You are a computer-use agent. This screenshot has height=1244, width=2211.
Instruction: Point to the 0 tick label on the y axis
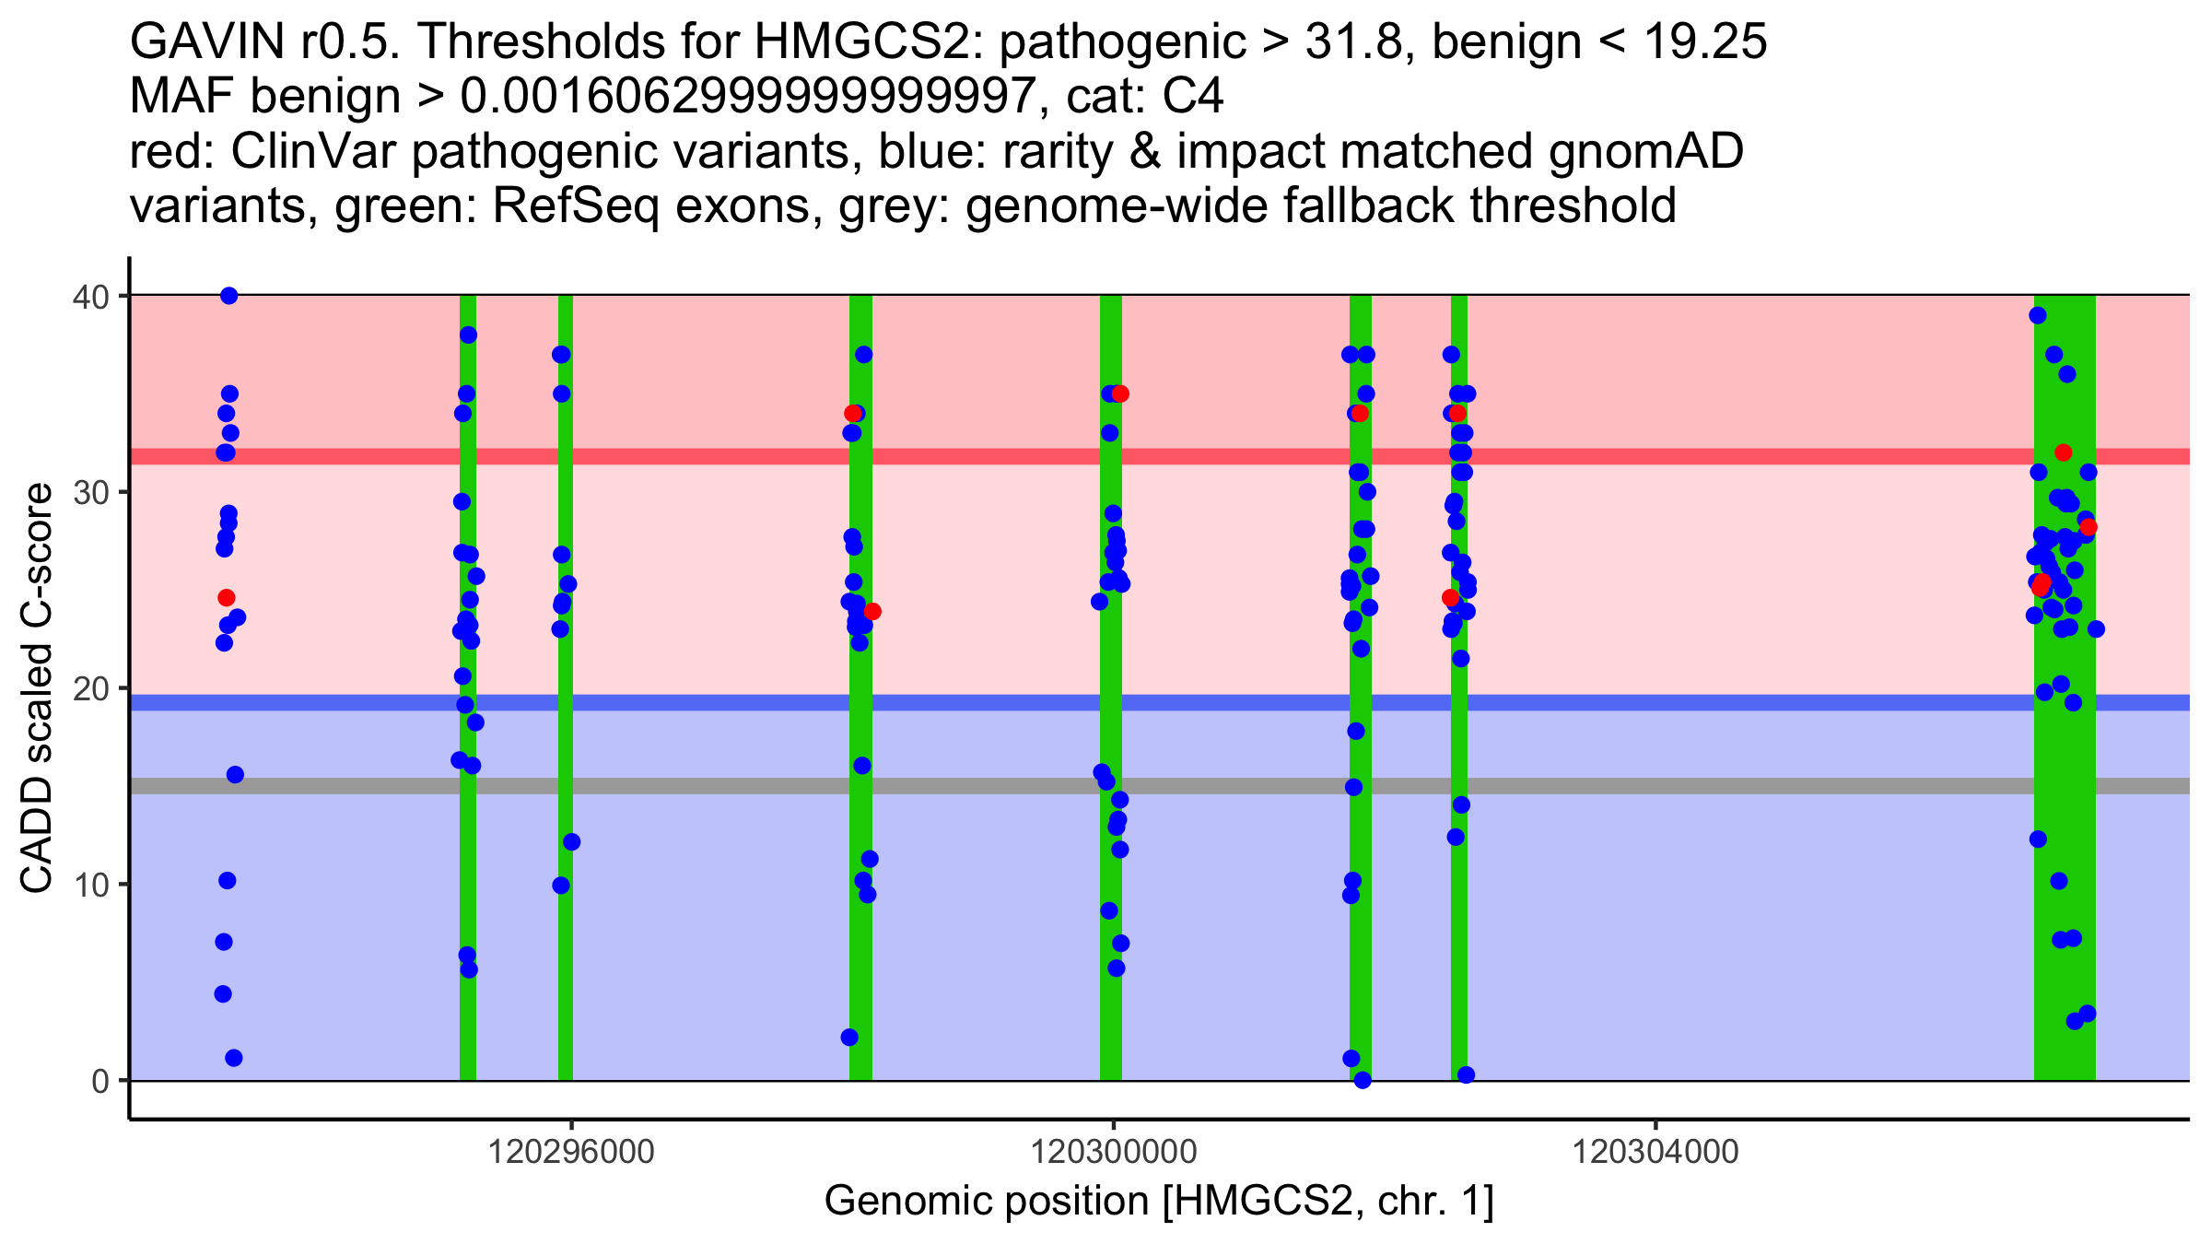(x=99, y=1082)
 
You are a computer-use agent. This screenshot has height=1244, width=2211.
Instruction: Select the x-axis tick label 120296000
(x=571, y=1152)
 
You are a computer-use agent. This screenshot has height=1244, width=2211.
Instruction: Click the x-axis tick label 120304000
(x=1655, y=1152)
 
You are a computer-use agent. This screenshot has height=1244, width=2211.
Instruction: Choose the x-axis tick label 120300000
(x=1113, y=1152)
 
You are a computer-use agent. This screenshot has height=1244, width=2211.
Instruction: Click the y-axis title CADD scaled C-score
(x=37, y=689)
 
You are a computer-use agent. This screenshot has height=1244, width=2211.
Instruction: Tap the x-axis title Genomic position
(x=1159, y=1202)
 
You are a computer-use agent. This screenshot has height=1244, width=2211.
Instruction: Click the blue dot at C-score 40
(x=229, y=296)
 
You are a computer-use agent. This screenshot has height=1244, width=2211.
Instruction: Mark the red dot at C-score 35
(x=1120, y=394)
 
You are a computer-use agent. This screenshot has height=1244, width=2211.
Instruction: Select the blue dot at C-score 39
(x=2038, y=316)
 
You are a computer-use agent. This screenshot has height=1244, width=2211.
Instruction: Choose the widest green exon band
(x=2065, y=829)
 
